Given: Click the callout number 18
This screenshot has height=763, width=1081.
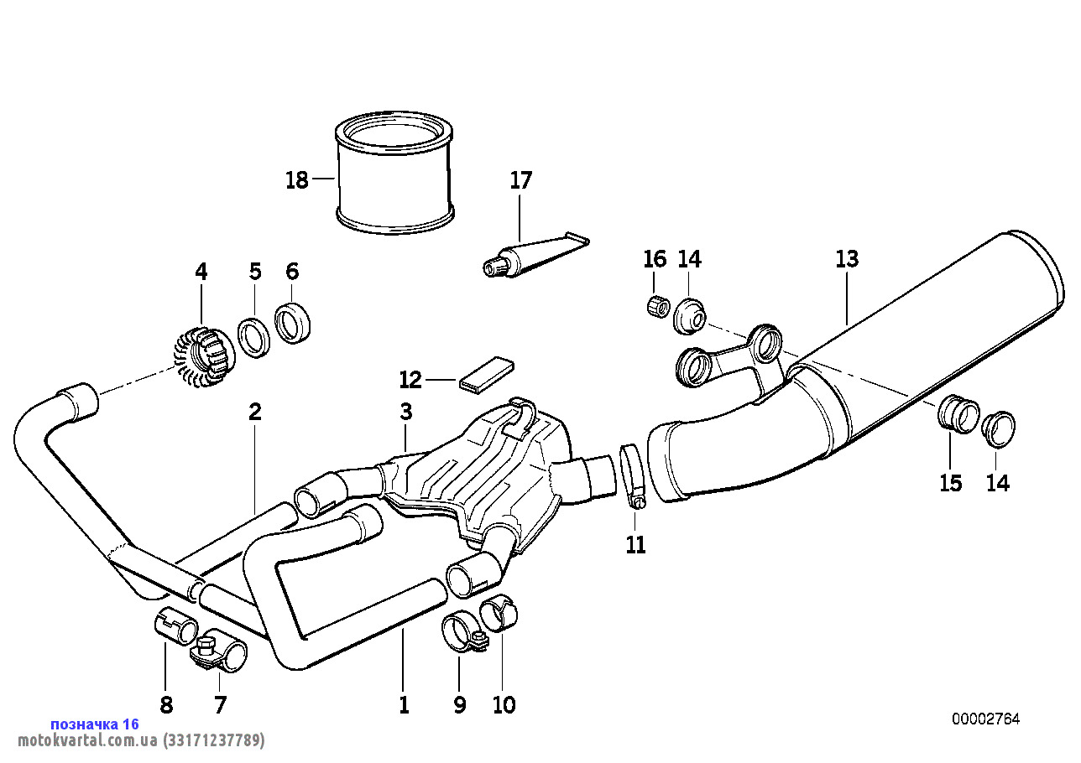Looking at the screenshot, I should coord(297,180).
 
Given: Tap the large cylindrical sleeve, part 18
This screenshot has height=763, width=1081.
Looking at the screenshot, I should coord(394,176).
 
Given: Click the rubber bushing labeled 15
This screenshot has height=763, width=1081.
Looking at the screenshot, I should coord(957,413).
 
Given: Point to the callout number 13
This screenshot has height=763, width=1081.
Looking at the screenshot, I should coord(847,259).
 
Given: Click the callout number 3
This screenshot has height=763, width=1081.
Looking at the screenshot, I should coord(406,412).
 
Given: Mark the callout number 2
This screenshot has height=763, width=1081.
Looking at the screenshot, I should coord(255,412).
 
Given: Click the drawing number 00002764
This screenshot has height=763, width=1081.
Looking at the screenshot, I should coord(985,719).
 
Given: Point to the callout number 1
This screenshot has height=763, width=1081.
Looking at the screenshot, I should coord(404,704).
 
